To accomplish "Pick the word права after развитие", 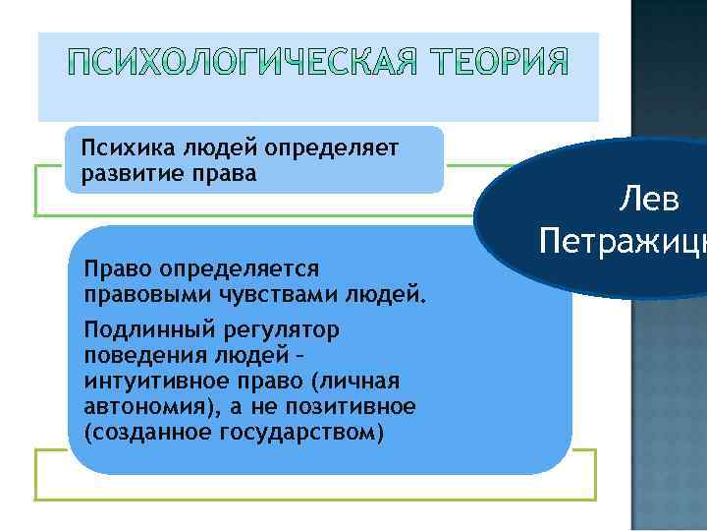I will point(225,173).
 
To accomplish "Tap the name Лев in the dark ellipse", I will point(649,201).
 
